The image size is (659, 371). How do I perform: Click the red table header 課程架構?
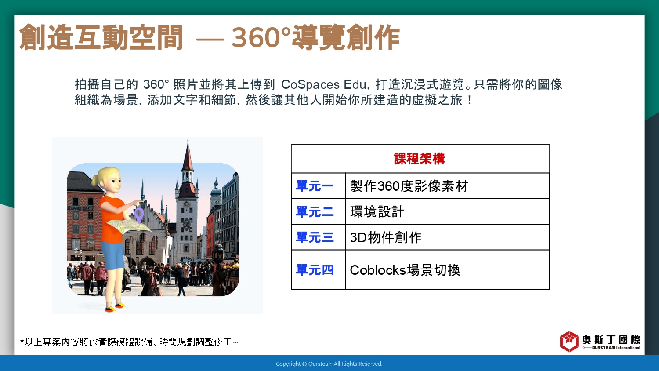[x=419, y=159]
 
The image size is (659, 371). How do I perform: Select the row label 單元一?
[x=315, y=186]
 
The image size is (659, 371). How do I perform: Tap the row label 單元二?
[x=315, y=212]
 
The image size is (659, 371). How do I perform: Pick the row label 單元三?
[x=315, y=237]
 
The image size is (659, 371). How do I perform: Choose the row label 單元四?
[x=315, y=270]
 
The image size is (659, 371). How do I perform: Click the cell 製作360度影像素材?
[x=409, y=186]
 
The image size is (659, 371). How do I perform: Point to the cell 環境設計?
[x=377, y=212]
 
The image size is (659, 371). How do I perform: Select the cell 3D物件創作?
[x=386, y=237]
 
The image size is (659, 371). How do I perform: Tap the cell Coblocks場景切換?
[x=405, y=270]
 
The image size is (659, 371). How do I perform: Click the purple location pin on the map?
[x=139, y=215]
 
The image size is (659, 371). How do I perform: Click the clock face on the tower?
[x=187, y=204]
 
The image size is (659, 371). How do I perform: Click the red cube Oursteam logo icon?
[x=569, y=342]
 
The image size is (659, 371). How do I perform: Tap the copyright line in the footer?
[x=329, y=364]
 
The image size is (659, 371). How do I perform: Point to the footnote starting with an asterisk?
[x=129, y=342]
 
